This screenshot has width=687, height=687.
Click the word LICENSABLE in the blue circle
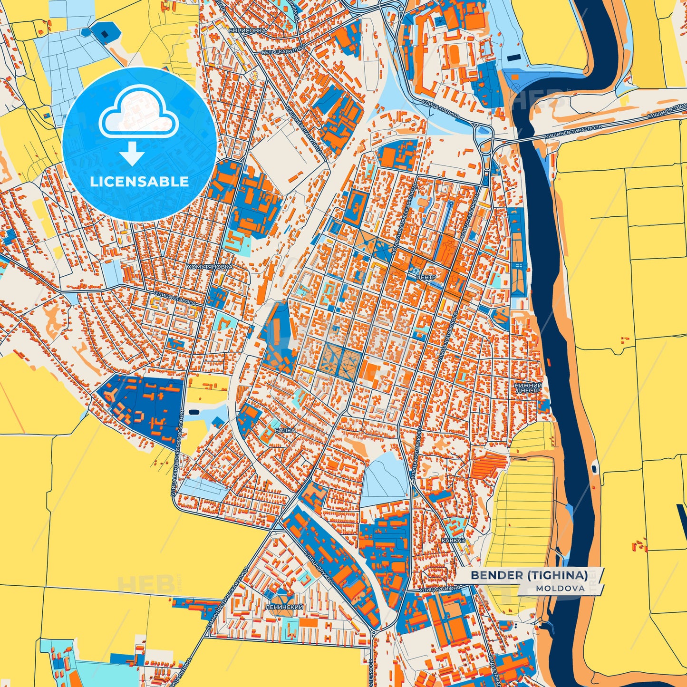pos(139,182)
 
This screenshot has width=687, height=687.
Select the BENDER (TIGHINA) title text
pos(529,575)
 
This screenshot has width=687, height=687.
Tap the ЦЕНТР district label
pos(425,277)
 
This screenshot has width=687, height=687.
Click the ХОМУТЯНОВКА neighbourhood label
pos(210,267)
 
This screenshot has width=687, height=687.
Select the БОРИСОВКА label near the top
pos(247,30)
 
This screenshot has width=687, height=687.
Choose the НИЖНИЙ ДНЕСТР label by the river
pos(527,387)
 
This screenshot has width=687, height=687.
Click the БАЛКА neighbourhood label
pos(285,430)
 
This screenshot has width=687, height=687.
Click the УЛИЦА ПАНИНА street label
pos(440,108)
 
